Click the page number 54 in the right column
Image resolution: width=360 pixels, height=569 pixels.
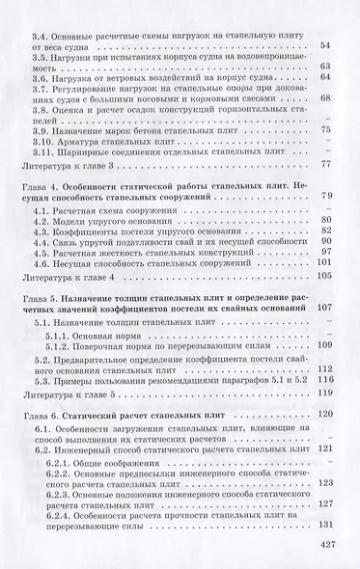324,45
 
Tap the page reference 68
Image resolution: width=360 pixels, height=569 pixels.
324,98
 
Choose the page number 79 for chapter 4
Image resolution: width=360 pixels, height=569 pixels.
324,196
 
